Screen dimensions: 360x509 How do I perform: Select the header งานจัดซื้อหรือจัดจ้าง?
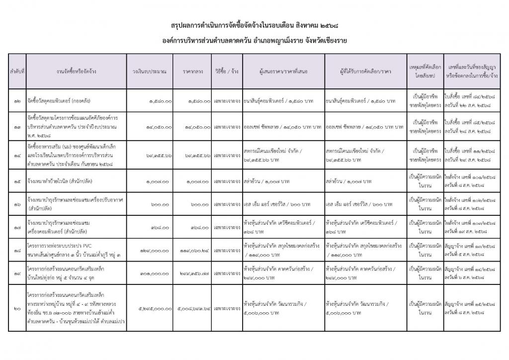click(77, 72)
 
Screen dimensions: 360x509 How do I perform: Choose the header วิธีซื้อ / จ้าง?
click(227, 72)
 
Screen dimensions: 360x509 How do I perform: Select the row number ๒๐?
click(17, 308)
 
